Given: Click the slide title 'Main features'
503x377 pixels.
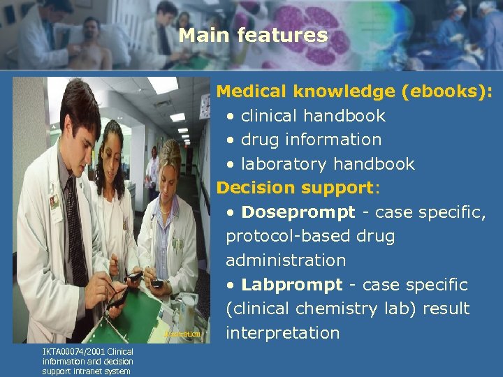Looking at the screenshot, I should point(252,35).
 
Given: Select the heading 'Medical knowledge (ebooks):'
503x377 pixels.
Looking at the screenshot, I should point(354,91).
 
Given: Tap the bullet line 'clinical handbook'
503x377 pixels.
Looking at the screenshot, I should point(313,115).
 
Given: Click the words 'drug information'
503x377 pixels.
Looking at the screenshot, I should point(311,140).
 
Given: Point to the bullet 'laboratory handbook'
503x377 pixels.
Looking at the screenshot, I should point(328,164).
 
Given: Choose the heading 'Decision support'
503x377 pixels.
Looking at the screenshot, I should point(296,188).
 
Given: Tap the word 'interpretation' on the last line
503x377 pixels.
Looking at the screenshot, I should point(282,333).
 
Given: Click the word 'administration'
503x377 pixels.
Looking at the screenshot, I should point(286,260).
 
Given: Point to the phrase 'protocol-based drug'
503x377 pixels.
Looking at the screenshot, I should point(310,236).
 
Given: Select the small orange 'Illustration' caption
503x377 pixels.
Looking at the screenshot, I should point(182,334).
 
